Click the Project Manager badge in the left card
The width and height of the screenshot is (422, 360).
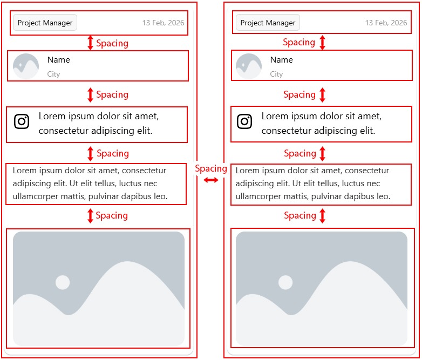tap(45, 23)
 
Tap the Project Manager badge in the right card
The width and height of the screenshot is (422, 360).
tap(268, 23)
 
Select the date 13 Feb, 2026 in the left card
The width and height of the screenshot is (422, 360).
tap(164, 23)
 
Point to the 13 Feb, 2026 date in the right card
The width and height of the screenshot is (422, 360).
tap(386, 23)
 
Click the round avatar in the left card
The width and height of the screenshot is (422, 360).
tap(26, 66)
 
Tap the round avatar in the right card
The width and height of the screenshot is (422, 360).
tap(249, 66)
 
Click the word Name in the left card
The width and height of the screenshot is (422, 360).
tap(59, 60)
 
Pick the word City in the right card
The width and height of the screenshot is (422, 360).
tap(276, 74)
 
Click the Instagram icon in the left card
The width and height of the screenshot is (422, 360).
tap(22, 121)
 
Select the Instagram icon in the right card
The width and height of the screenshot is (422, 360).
tap(244, 121)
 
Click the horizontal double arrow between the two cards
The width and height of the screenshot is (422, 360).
tap(211, 180)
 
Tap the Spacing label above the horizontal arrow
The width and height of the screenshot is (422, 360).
tap(211, 168)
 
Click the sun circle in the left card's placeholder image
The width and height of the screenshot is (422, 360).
tap(63, 282)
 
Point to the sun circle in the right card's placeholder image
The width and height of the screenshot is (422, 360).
tap(285, 282)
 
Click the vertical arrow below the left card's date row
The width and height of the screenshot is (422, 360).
tap(91, 43)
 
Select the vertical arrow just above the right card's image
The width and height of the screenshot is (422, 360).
tap(322, 216)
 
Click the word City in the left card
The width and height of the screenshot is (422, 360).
tap(53, 74)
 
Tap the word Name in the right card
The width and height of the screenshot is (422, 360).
tap(282, 60)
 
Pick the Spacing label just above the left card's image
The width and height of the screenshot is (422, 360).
tap(112, 215)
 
